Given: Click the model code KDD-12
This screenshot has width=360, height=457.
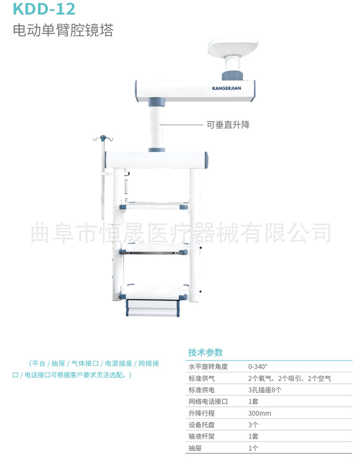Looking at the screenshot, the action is pyautogui.click(x=38, y=9).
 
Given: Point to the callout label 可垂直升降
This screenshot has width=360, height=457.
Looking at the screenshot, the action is pyautogui.click(x=228, y=125).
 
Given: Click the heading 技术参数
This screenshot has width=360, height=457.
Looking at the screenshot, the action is pyautogui.click(x=205, y=352).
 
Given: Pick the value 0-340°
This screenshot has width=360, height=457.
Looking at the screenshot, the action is pyautogui.click(x=258, y=366).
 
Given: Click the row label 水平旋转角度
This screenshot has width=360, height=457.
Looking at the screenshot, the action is pyautogui.click(x=208, y=366).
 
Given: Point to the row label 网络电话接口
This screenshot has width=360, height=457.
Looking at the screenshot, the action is pyautogui.click(x=208, y=401).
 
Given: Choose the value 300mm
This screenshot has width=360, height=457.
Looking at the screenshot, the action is pyautogui.click(x=260, y=413).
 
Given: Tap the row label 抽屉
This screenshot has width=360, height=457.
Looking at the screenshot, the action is pyautogui.click(x=195, y=448).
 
